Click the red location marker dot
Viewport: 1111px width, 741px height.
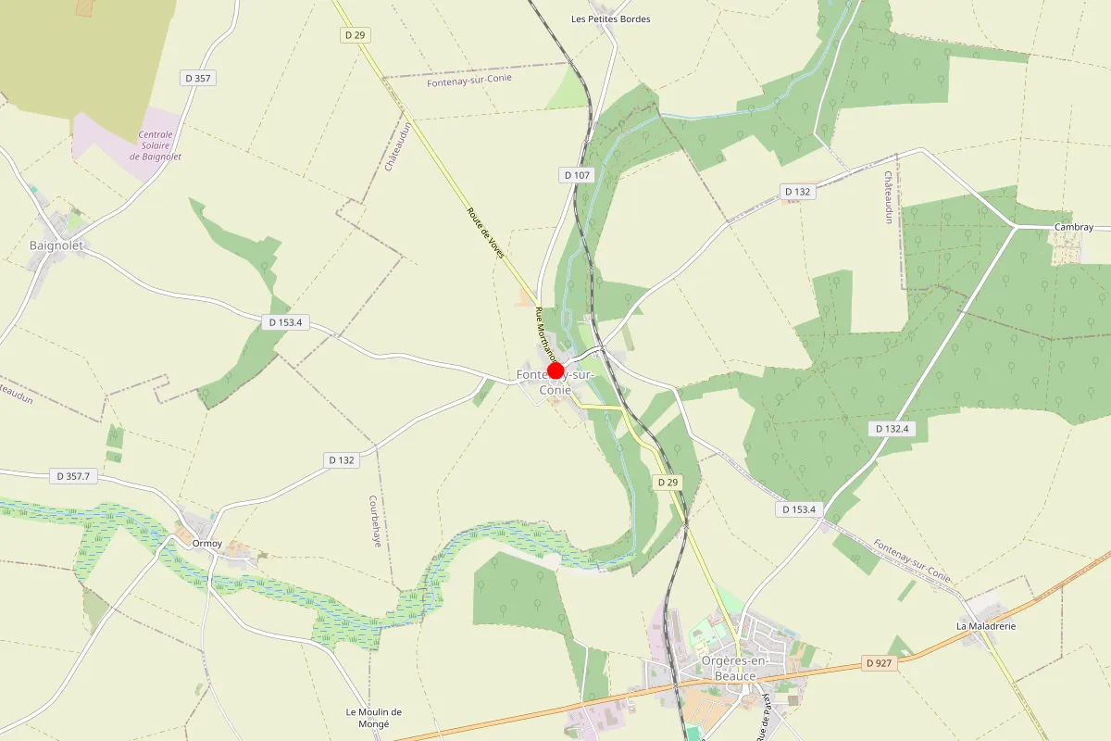coord(555,371)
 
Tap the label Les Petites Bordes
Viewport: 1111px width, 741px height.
coord(611,19)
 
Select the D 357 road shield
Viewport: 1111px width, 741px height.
coord(200,79)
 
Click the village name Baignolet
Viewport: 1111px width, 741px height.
coord(56,245)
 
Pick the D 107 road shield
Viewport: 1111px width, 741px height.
coord(576,175)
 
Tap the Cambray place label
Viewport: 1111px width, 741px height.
coord(1074,227)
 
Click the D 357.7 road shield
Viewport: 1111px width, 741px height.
coord(73,476)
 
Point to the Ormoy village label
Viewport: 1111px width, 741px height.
coord(206,544)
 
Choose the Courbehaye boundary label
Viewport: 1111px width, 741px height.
coord(376,521)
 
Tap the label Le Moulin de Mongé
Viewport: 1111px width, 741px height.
coord(374,717)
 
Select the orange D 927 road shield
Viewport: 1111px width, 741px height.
coord(880,663)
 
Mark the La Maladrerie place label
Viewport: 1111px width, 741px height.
coord(986,626)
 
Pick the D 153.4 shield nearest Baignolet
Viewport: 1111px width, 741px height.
coord(286,322)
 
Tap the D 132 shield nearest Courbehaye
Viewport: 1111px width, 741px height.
coord(342,460)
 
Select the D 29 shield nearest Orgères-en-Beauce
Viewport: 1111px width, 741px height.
coord(668,483)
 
